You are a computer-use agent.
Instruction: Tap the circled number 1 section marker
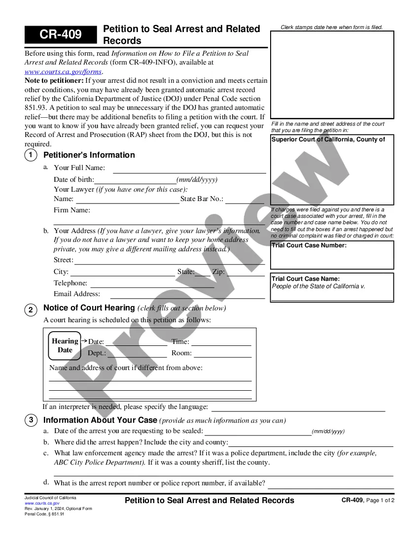coord(31,155)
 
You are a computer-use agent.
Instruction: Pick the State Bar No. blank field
coord(244,202)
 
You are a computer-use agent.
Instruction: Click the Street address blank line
coord(169,263)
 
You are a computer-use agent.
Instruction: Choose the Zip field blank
coord(245,274)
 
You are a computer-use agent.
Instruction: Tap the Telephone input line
coord(152,286)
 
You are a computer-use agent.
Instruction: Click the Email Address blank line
coord(187,297)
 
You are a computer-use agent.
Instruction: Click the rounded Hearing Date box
coord(65,345)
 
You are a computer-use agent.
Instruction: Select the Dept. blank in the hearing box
coord(137,356)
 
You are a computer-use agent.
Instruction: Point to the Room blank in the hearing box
coord(222,356)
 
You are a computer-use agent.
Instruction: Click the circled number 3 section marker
coord(31,420)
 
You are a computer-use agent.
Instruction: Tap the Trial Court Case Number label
coord(309,245)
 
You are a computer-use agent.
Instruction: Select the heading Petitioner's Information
coord(89,155)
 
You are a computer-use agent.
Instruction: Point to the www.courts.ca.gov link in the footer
coord(42,503)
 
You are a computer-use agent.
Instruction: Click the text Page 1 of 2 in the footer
coord(381,501)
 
